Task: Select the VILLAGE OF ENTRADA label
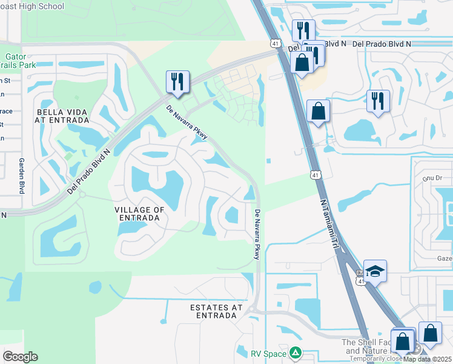pyautogui.click(x=139, y=214)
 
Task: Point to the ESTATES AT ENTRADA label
pyautogui.click(x=216, y=312)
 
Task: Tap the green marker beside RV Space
pyautogui.click(x=295, y=352)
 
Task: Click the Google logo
pyautogui.click(x=20, y=357)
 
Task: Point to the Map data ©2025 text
pyautogui.click(x=428, y=359)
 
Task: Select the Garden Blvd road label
pyautogui.click(x=21, y=176)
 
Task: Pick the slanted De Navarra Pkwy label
pyautogui.click(x=187, y=122)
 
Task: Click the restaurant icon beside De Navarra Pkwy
pyautogui.click(x=177, y=82)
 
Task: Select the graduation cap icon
pyautogui.click(x=375, y=271)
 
